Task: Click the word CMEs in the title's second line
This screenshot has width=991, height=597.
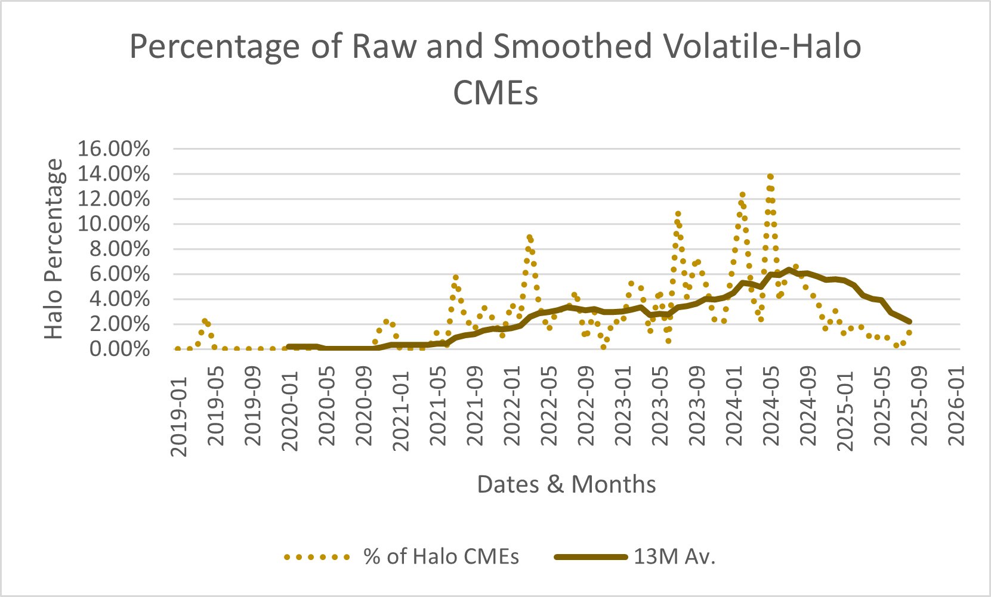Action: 496,93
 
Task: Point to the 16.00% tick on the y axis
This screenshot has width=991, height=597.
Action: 113,149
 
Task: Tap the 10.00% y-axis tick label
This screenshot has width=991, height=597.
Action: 113,224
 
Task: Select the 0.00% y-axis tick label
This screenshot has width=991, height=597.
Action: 119,349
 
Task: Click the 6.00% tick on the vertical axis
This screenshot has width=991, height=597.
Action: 119,274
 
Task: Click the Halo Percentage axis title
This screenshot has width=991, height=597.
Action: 54,249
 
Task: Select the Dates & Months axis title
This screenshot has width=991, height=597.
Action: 566,484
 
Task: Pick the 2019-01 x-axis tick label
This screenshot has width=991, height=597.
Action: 179,416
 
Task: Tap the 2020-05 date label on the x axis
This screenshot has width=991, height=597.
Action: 328,416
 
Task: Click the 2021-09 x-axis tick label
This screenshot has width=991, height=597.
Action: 476,416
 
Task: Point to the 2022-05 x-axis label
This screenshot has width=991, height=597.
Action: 549,416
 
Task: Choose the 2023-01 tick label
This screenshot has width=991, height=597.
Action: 623,416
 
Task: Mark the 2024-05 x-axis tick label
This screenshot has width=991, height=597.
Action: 772,416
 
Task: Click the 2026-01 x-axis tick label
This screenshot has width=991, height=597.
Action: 957,416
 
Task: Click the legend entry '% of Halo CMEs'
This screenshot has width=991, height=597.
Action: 441,557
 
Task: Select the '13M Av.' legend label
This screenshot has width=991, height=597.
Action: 674,557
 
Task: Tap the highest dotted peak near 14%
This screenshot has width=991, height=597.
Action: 770,177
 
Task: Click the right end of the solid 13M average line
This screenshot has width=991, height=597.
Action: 910,321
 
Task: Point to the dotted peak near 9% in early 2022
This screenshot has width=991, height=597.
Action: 529,237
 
